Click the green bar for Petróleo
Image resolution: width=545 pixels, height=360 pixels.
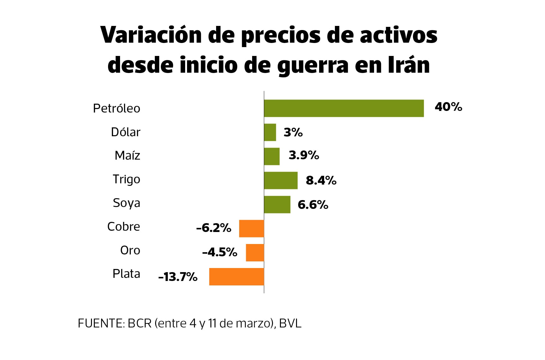[344, 108]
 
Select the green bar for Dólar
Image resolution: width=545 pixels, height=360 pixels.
[270, 132]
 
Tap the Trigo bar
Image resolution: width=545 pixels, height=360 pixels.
[281, 180]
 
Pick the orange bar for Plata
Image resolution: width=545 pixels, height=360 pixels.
[236, 277]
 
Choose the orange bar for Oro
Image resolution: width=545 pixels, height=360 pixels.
[255, 253]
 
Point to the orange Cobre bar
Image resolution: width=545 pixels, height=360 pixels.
[251, 229]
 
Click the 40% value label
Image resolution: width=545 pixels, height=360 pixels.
[448, 107]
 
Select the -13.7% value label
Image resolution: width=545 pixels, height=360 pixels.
[178, 277]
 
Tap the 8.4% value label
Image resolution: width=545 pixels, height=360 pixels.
[321, 180]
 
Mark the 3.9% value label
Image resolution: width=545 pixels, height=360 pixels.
[304, 155]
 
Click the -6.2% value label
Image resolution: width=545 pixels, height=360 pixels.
[214, 228]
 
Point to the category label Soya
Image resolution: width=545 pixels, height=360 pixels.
[126, 203]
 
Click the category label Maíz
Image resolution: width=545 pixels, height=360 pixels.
[127, 156]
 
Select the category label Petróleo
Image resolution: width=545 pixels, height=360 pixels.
[116, 108]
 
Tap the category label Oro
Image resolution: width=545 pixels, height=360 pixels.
[130, 250]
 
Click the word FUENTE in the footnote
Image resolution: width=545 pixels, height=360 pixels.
[101, 323]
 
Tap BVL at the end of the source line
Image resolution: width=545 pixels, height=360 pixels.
[290, 323]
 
